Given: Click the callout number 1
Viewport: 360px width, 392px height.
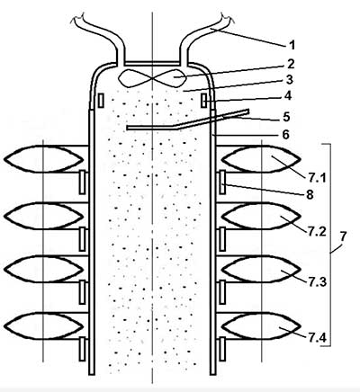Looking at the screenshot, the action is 292,45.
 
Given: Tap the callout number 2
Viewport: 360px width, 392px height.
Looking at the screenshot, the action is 291,64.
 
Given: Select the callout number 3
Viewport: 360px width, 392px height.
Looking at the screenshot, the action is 289,80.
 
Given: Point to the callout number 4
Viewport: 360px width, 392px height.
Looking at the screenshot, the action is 287,95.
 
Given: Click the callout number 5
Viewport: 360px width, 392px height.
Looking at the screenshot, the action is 286,117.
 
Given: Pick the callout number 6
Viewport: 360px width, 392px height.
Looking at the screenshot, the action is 285,135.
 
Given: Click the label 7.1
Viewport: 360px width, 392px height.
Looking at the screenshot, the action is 317,179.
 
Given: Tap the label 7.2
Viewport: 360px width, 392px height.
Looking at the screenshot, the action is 317,231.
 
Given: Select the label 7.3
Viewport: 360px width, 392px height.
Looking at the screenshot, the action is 317,282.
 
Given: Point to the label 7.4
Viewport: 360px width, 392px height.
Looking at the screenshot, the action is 317,338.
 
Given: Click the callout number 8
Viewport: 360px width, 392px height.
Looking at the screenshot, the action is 310,195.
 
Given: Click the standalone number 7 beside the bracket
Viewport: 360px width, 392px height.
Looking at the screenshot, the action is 343,236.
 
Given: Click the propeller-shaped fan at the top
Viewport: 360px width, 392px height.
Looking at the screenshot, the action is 153,78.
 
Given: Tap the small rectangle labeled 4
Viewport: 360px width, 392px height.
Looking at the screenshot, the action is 203,100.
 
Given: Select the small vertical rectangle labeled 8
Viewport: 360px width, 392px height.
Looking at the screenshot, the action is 222,182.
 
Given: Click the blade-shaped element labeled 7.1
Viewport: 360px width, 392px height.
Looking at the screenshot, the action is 261,159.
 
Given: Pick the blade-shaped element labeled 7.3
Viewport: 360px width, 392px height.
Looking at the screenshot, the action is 261,269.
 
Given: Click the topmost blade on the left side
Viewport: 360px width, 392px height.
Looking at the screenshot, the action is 44,159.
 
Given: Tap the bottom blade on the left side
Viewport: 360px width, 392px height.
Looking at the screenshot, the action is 44,325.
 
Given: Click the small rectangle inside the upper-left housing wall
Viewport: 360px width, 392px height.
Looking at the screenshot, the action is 101,100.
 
